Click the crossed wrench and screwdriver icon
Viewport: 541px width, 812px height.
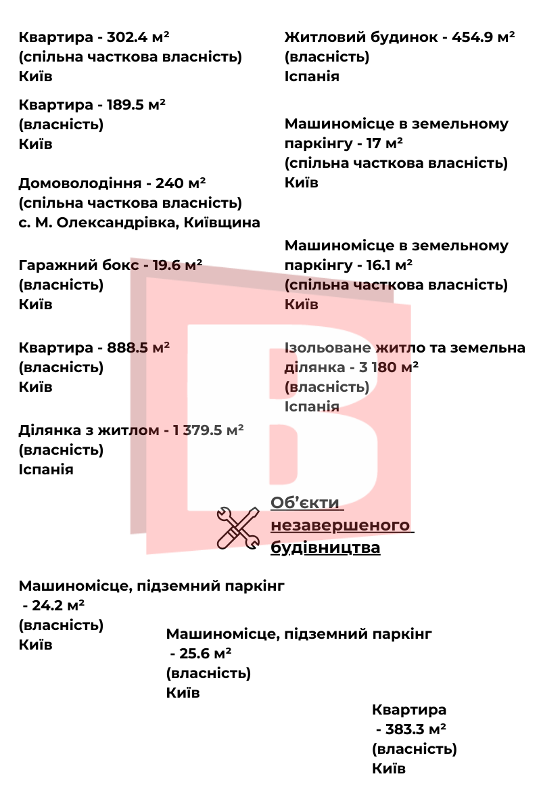tap(238, 527)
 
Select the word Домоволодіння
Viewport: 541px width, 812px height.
tap(80, 183)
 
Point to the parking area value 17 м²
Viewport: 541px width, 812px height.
tap(385, 143)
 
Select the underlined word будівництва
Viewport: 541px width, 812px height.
tap(325, 547)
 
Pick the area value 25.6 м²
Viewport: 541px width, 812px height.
tap(206, 654)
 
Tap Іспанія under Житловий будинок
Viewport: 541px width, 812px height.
tap(312, 76)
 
